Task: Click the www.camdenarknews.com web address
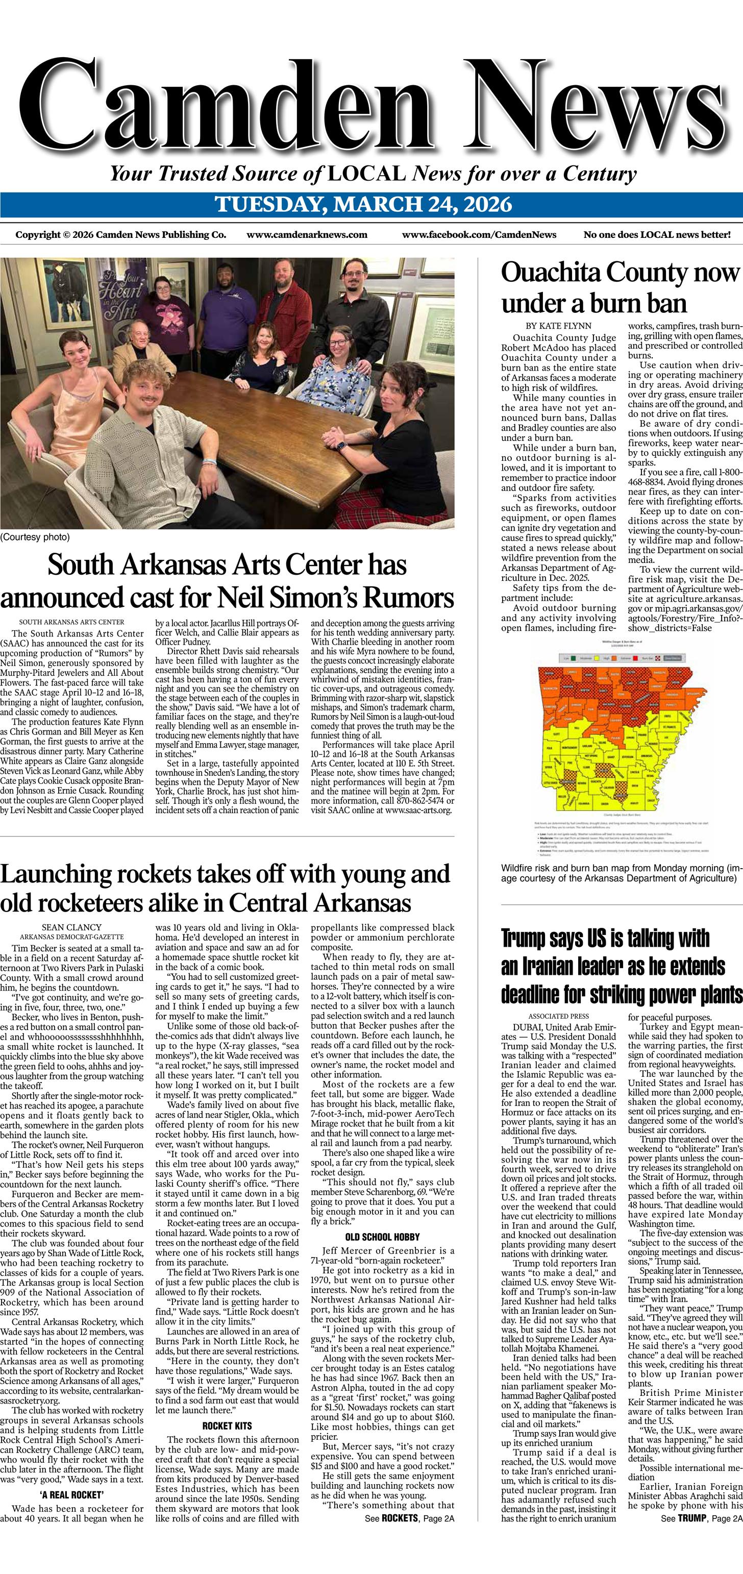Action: [x=307, y=235]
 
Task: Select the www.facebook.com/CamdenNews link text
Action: [x=479, y=235]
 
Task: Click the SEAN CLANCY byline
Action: [x=71, y=927]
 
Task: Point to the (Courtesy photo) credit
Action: [x=35, y=537]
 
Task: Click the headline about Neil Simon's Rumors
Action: [x=227, y=580]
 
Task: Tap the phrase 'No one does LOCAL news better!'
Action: [x=657, y=235]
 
